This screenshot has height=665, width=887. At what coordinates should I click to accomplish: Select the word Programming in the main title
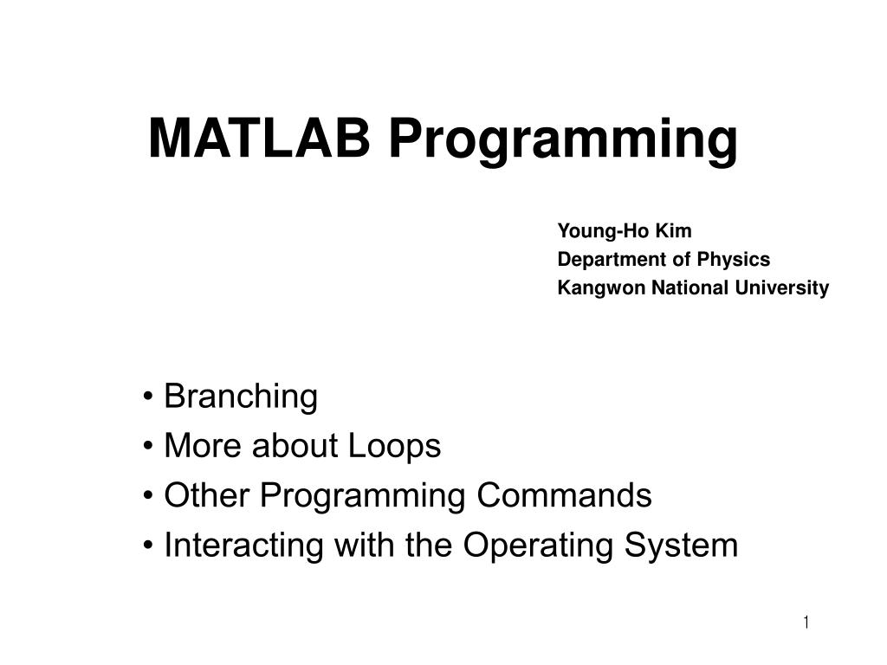pos(563,140)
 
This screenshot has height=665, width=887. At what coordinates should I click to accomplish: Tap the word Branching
pos(241,397)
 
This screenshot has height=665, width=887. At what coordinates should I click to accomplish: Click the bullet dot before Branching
pos(151,398)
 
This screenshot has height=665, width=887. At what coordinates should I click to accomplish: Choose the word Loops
pos(394,447)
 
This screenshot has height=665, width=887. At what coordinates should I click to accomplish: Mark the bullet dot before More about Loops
pos(151,448)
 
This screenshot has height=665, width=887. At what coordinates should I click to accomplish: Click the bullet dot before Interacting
pos(151,546)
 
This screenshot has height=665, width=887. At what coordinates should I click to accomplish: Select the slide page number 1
pos(806,623)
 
